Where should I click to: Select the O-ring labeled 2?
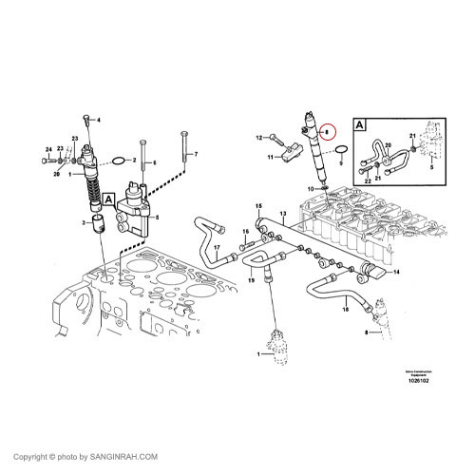(117, 160)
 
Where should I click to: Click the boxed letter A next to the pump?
(109, 199)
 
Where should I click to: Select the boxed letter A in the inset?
(359, 124)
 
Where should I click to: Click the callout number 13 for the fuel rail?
(282, 214)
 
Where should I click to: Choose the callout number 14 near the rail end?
(396, 272)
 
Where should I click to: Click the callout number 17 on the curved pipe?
(216, 250)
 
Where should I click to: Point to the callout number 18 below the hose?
(345, 310)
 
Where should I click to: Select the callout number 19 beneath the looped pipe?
(252, 281)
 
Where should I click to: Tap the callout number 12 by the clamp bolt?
(257, 138)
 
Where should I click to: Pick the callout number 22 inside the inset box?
(367, 180)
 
